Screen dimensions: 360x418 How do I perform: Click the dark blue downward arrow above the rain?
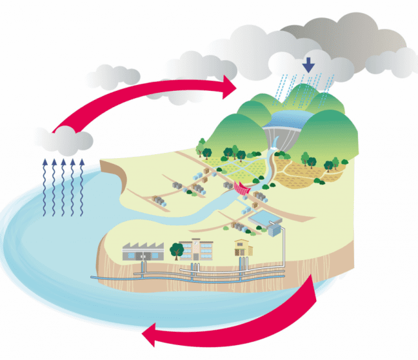[x=308, y=64]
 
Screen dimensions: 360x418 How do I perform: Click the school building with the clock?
[x=196, y=249]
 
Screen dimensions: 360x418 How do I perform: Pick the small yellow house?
[x=244, y=248]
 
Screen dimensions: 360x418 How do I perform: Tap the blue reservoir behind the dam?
[x=291, y=118]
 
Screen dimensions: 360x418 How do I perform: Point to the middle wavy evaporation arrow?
[x=63, y=186]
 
